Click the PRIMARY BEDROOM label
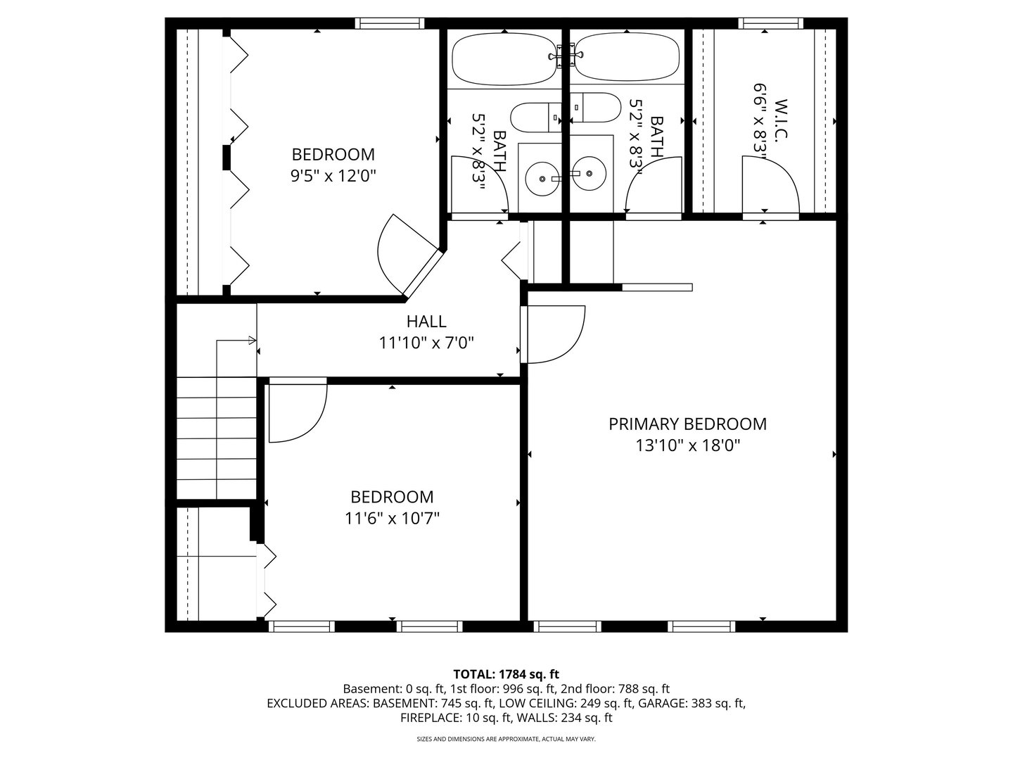687,424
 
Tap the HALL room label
426,322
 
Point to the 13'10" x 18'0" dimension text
687,445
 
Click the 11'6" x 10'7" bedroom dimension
392,519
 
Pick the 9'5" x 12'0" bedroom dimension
333,175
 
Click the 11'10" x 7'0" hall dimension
426,343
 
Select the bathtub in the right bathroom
628,59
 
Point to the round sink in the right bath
588,172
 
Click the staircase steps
216,436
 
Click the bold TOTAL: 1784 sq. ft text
507,674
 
